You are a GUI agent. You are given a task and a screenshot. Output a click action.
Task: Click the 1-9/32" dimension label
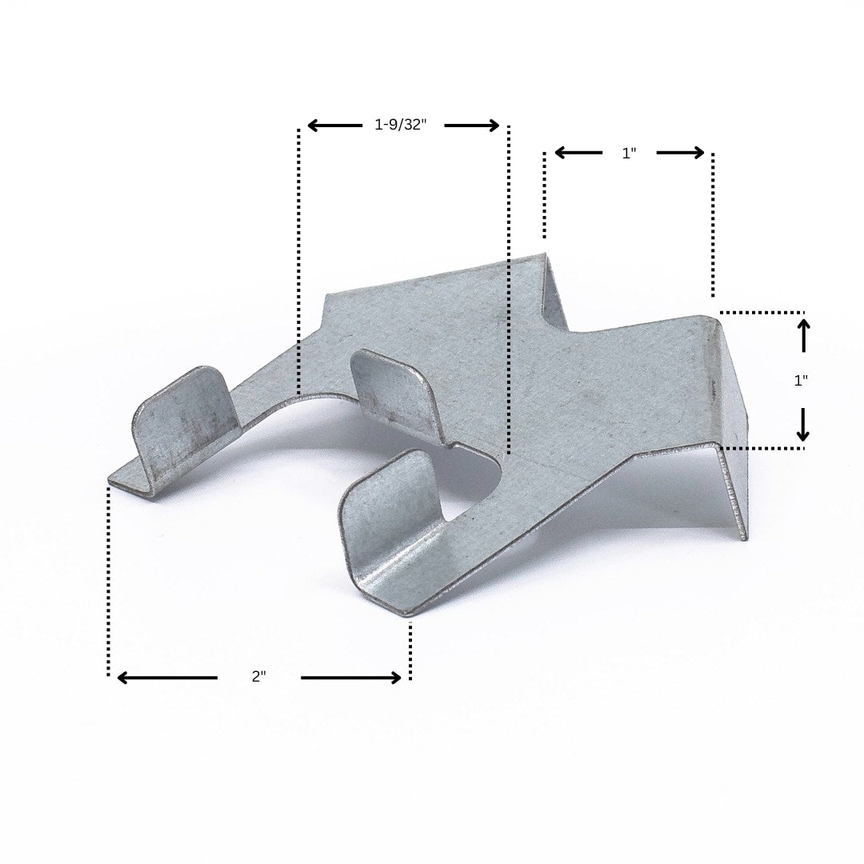401,125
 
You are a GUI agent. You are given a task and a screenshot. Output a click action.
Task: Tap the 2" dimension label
259,676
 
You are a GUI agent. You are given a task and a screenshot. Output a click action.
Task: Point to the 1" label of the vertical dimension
801,380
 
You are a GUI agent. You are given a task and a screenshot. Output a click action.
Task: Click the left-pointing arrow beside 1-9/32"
334,126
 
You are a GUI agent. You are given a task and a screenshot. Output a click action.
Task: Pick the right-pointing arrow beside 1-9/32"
472,126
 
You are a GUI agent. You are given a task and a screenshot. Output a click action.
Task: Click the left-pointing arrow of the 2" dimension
167,678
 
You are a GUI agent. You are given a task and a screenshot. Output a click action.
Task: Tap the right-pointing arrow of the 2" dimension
351,678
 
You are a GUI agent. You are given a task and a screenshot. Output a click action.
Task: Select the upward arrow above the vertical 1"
804,335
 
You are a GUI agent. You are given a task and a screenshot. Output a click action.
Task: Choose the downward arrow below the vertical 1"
803,424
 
